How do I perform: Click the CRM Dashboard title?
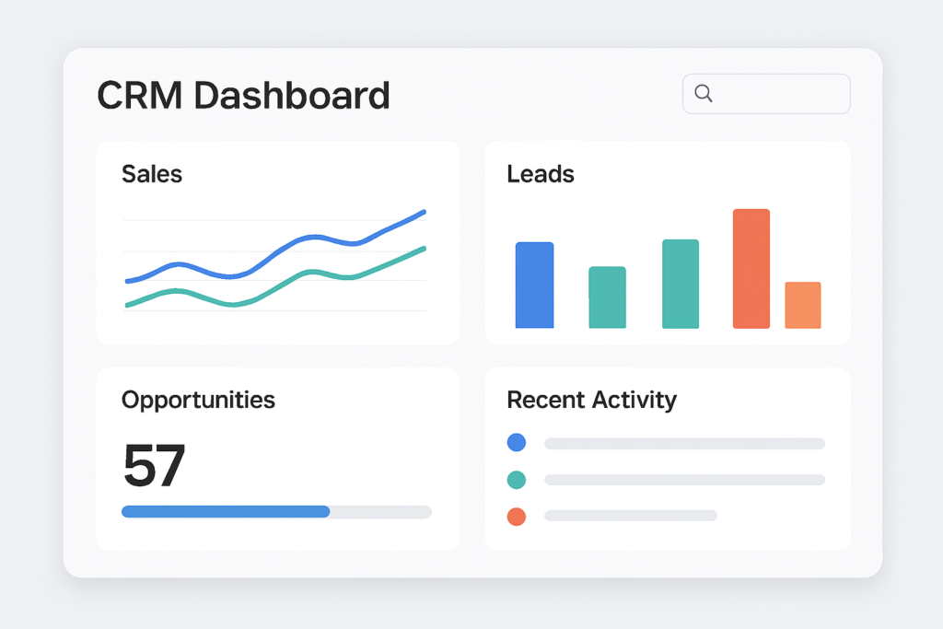243,96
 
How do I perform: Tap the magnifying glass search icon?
704,93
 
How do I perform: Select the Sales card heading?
152,173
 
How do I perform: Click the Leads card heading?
541,173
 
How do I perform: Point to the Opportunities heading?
198,400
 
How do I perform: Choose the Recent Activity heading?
591,400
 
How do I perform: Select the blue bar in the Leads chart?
534,285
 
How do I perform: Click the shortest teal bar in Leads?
607,297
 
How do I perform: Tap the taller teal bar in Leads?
681,284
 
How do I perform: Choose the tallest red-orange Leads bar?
751,269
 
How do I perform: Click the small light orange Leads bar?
803,305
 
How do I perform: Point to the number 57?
154,466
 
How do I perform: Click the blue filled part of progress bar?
226,511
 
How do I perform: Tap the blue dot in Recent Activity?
517,443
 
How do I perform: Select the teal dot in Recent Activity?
517,480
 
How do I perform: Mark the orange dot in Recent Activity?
517,517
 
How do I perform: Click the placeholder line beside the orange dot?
631,516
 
